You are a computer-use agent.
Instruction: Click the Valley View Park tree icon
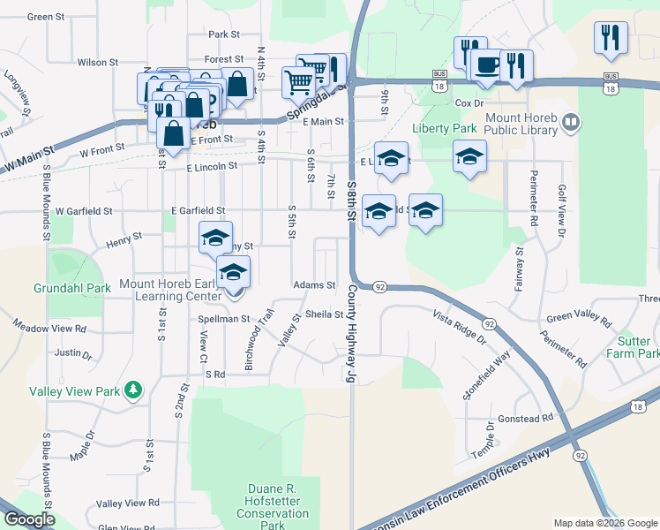pyautogui.click(x=133, y=389)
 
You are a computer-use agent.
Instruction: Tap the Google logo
pyautogui.click(x=28, y=519)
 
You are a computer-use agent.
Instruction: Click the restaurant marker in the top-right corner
pyautogui.click(x=611, y=38)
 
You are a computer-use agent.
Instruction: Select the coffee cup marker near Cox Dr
pyautogui.click(x=487, y=64)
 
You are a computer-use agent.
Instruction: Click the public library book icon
pyautogui.click(x=571, y=122)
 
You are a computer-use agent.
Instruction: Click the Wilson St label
pyautogui.click(x=97, y=63)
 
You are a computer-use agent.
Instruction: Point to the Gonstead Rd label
pyautogui.click(x=524, y=417)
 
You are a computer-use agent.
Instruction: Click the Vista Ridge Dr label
pyautogui.click(x=459, y=326)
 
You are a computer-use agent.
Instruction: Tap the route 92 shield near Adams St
pyautogui.click(x=379, y=287)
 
